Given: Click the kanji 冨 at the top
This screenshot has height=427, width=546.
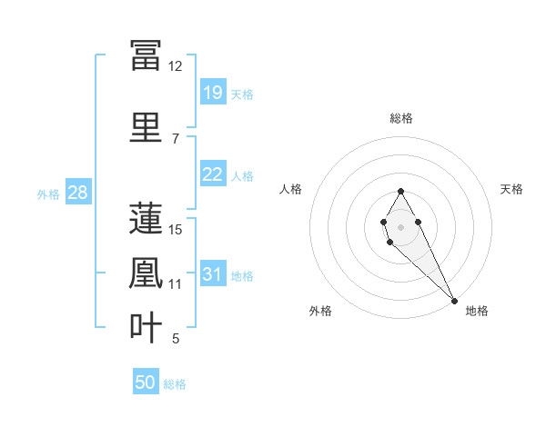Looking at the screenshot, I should tap(147, 56).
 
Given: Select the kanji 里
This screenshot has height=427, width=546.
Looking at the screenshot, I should tap(147, 127).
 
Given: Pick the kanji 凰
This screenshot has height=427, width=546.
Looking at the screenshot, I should tap(147, 273).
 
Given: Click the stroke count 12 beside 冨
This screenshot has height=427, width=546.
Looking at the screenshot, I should tap(176, 66).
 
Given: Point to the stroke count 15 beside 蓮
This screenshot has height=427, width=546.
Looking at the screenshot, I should tap(176, 229).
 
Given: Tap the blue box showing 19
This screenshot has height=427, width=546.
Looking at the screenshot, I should tap(213, 92).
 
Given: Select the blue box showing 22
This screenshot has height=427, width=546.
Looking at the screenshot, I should tap(213, 174).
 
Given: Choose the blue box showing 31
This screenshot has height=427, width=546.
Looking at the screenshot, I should tap(213, 274).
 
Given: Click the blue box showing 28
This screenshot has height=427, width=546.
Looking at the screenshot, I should tap(77, 193).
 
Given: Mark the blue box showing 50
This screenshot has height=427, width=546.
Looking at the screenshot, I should tap(146, 382).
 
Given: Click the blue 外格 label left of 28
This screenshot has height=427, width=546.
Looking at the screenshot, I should tap(48, 194).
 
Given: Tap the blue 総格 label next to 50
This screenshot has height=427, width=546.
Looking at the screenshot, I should tap(175, 384).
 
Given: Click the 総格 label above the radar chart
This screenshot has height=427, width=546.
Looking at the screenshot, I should tap(401, 118).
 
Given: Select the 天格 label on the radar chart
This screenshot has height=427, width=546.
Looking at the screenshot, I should tap(511, 189).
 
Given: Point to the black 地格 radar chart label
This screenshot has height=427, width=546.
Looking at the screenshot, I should tap(477, 311).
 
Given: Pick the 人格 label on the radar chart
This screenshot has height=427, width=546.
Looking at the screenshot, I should tap(291, 189).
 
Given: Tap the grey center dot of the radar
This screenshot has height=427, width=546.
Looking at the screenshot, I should tap(400, 225).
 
